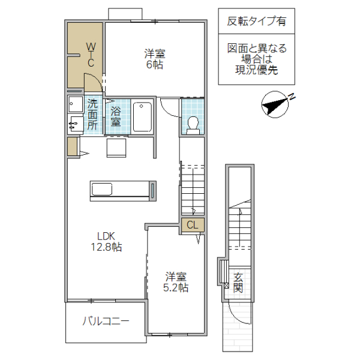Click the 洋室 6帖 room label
coord(154,58)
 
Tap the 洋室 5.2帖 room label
coord(176,282)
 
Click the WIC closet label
coord(91,54)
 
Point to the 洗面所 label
coord(92,114)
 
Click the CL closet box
coord(193,226)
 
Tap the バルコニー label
coord(106,322)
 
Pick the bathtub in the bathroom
coord(142,116)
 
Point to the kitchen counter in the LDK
coord(123,189)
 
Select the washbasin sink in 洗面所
coord(75,124)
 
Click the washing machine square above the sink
coord(76,104)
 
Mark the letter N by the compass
coord(290,96)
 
